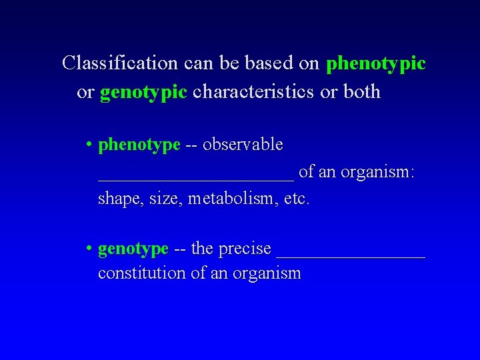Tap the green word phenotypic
pos(376,64)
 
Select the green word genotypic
pos(143,93)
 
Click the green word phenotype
pos(139,145)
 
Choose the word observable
pos(243,144)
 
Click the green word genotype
pos(133,249)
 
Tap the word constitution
pos(141,273)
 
